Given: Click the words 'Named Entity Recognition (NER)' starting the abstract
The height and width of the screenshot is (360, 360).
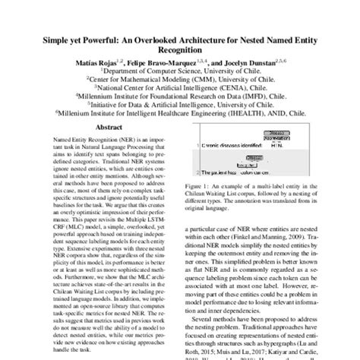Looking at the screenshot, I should [x=72, y=142].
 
